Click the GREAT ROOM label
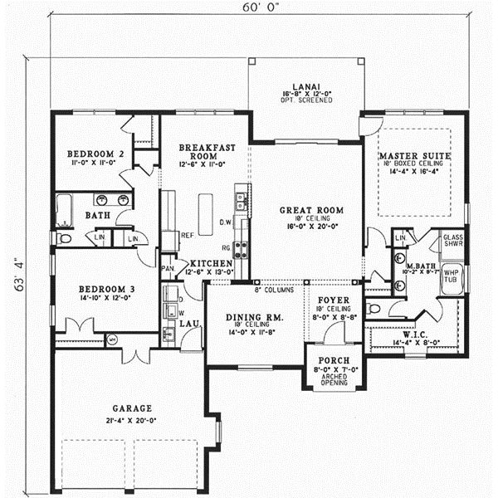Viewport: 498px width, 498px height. (306, 211)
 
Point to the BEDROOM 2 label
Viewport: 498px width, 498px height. (95, 154)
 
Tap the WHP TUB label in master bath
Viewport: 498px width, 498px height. (452, 276)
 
